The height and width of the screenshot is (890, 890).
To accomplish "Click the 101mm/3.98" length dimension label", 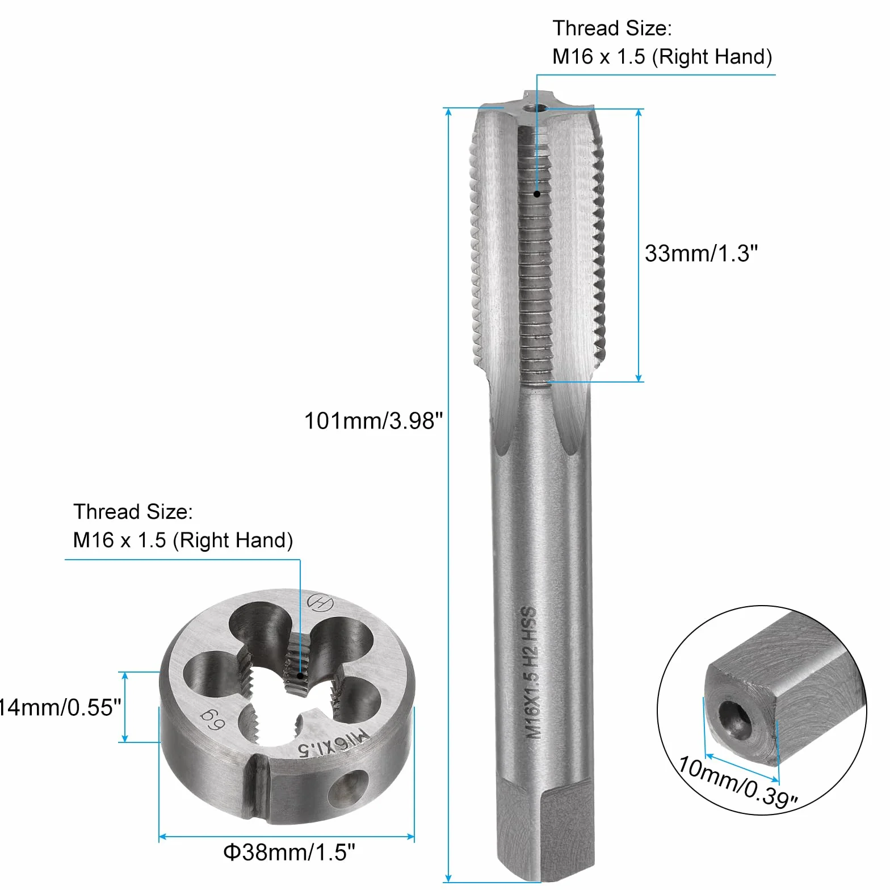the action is point(373,421).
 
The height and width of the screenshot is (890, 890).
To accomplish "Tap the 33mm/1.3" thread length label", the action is point(701,253).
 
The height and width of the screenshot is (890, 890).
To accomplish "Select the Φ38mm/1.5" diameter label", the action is point(289,852).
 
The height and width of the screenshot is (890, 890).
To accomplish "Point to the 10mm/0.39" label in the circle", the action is point(738,782).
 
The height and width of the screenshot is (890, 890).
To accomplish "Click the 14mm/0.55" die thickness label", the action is point(60,708).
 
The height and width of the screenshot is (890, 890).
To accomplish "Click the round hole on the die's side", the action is point(348,789).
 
